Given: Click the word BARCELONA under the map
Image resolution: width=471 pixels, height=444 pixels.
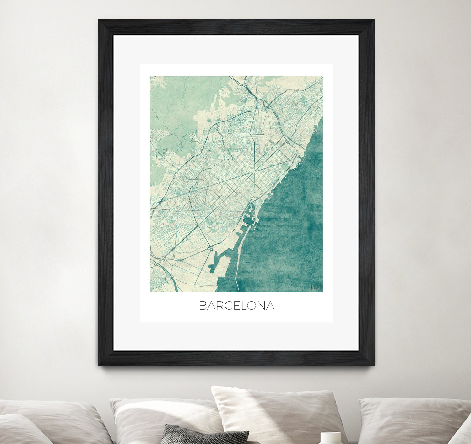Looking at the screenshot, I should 237,306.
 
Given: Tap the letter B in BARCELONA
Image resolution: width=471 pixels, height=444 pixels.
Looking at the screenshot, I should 203,306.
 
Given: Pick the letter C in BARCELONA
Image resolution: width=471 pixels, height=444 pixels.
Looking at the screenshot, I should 228,306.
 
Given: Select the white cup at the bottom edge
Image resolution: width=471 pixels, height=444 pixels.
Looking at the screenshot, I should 330,438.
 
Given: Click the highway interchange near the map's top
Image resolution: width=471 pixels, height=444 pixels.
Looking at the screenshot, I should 266,107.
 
